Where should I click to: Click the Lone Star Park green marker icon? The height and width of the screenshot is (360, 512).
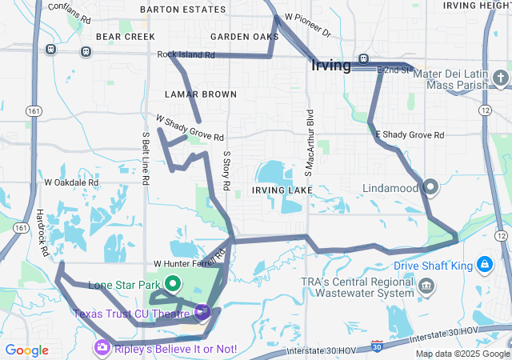172,283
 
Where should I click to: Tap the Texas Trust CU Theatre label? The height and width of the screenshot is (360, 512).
132,313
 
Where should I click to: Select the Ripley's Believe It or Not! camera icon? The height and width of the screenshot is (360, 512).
102,347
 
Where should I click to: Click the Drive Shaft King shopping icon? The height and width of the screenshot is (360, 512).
485,264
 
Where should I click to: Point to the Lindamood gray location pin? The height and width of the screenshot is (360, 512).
430,187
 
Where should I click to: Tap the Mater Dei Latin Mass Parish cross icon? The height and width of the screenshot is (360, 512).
501,78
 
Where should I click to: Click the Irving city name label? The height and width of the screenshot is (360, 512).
330,66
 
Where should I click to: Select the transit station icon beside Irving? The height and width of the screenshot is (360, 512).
362,58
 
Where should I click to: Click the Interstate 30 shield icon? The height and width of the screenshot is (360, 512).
377,346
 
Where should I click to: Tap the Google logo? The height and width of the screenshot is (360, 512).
27,350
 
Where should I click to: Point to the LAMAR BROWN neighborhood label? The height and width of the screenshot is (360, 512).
200,94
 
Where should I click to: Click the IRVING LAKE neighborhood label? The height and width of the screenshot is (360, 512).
278,190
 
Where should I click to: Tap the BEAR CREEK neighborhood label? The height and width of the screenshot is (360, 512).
125,37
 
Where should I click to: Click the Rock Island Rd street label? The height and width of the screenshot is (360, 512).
186,54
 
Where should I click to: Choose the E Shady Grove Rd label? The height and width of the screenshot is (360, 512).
409,135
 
